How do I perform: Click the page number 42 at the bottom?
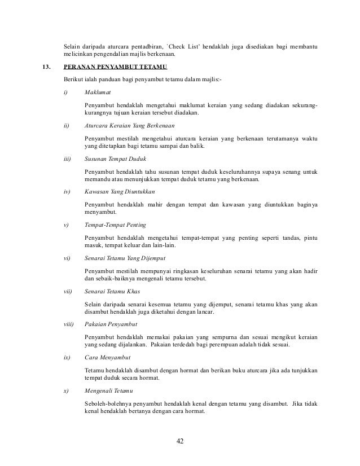(x=179, y=441)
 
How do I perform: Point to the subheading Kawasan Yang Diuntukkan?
(x=119, y=192)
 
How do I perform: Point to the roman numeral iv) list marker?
(x=67, y=192)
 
